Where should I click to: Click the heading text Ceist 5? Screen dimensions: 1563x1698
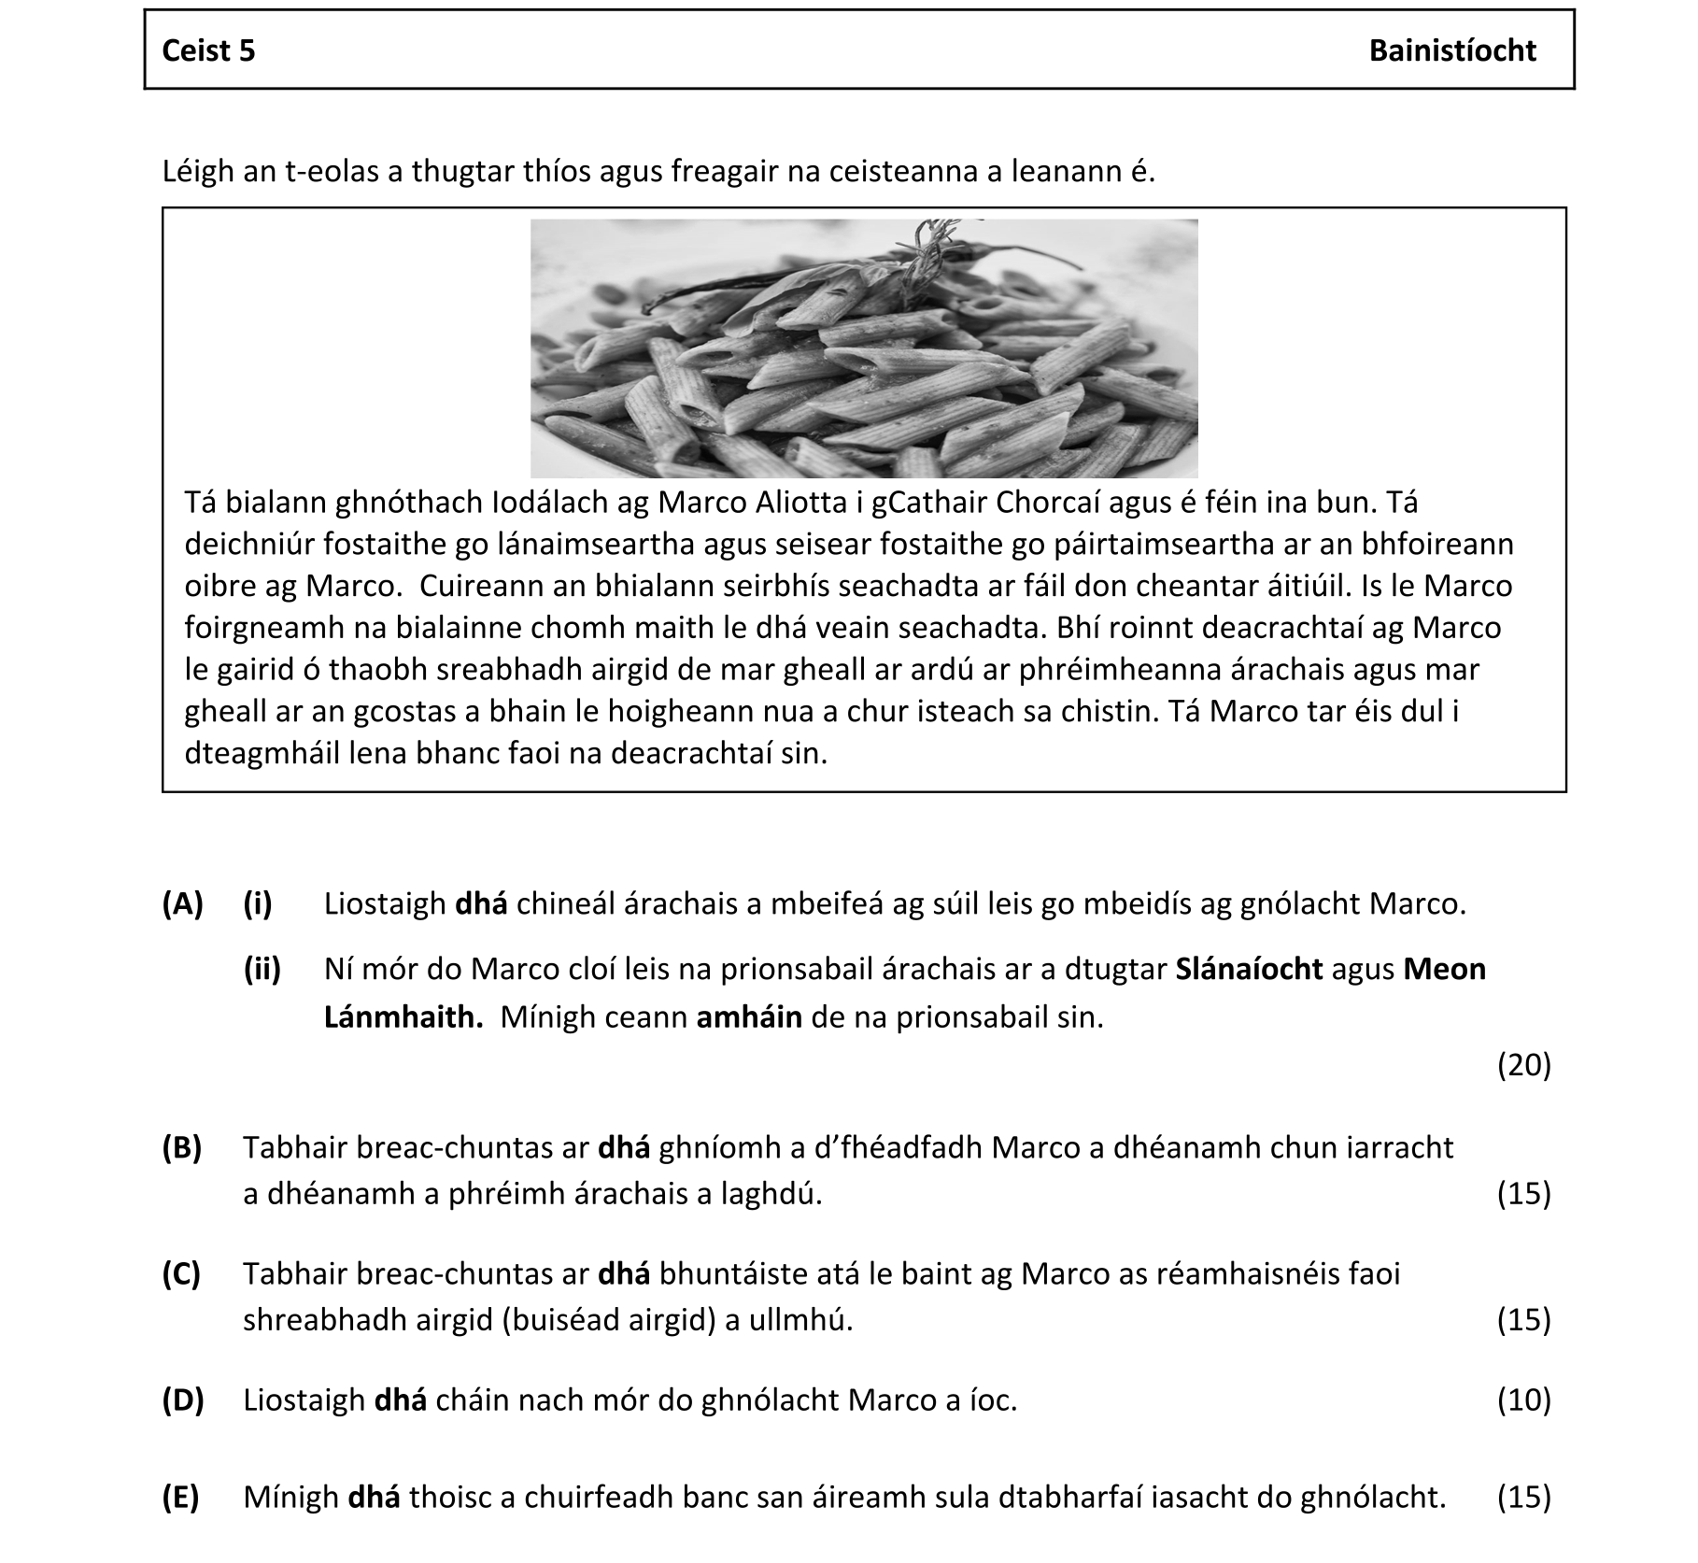208,50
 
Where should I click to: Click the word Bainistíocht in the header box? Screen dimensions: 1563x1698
1451,50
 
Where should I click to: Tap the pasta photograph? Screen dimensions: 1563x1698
864,348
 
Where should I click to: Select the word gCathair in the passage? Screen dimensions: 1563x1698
928,503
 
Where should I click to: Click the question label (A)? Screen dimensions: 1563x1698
183,903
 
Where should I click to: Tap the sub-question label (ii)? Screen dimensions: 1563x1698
262,969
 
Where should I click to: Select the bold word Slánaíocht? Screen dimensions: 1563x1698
1249,969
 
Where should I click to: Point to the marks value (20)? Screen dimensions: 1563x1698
1523,1064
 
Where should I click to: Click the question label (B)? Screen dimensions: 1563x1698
182,1147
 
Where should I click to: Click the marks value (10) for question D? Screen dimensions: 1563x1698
1523,1400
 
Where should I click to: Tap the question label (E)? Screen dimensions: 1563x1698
181,1497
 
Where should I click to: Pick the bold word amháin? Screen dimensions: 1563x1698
749,1016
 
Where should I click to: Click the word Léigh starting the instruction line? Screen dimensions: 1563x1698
197,172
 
